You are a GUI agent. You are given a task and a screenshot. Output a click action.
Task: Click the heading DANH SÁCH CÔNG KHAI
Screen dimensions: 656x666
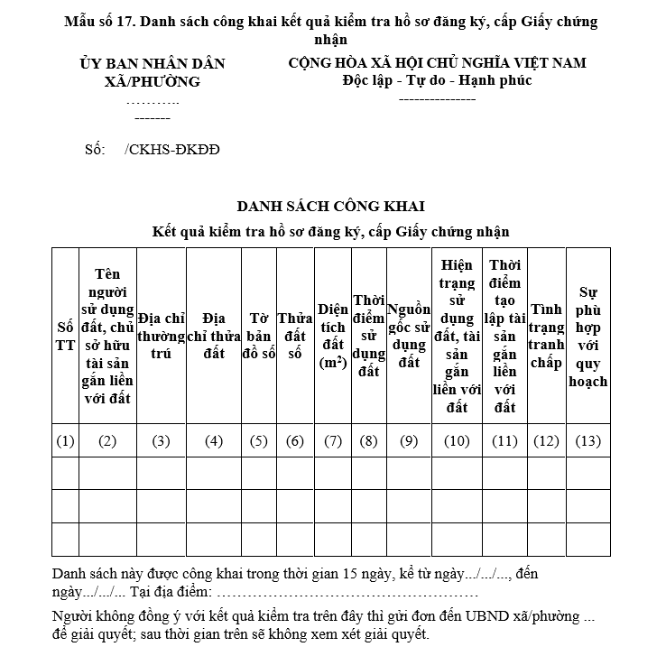coord(330,207)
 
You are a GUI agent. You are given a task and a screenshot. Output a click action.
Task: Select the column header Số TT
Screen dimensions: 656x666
coord(65,336)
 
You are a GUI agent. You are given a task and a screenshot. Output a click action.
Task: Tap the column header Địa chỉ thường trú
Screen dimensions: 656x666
coord(161,336)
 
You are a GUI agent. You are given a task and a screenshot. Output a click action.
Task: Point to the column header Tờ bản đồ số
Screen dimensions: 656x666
coord(259,336)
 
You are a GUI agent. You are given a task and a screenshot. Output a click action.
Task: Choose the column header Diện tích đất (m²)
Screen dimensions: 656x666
coord(333,336)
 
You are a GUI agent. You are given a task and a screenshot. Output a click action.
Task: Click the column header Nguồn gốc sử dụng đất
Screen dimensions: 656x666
coord(409,336)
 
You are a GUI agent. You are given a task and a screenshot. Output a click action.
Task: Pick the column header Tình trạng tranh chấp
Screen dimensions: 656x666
coord(546,336)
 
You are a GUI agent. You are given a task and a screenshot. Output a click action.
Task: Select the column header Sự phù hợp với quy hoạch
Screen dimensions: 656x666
coord(588,336)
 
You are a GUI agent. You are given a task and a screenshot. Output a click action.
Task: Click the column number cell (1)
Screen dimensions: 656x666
coord(65,441)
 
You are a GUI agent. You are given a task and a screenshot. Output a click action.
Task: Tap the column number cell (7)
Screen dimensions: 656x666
coord(333,441)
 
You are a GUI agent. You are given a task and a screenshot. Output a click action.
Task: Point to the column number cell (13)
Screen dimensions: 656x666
coord(588,441)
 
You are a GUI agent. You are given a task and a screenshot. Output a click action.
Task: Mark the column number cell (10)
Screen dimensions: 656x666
coord(457,441)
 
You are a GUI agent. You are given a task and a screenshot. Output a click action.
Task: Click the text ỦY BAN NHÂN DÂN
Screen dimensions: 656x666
coord(153,64)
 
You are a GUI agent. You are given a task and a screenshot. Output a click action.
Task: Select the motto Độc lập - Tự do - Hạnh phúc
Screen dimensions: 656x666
coord(437,80)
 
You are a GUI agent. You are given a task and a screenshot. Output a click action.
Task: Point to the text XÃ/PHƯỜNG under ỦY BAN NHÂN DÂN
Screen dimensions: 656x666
coord(153,81)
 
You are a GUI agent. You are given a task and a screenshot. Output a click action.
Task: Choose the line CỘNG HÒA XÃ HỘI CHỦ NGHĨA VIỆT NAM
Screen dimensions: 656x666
coord(437,63)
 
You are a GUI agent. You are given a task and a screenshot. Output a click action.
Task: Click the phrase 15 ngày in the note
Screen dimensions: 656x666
coord(373,574)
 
